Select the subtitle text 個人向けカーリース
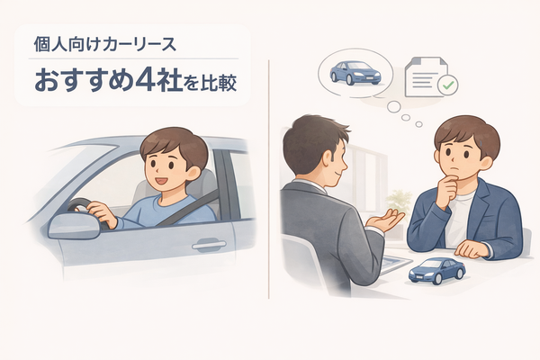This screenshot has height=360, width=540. tap(105, 45)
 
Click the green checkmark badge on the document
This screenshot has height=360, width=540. tap(447, 85)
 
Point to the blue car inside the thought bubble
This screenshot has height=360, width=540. tap(355, 73)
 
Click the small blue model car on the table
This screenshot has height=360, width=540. tap(436, 271)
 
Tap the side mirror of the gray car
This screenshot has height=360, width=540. tap(72, 226)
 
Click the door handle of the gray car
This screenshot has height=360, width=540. tap(209, 245)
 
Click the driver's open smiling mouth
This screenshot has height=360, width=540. tap(161, 180)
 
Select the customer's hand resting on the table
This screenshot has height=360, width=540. tap(472, 248)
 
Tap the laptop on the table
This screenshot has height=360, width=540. tap(395, 265)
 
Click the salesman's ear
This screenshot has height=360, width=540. tap(326, 158)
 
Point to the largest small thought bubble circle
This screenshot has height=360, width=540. tap(393, 107)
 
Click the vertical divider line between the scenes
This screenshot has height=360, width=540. tap(268, 179)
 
